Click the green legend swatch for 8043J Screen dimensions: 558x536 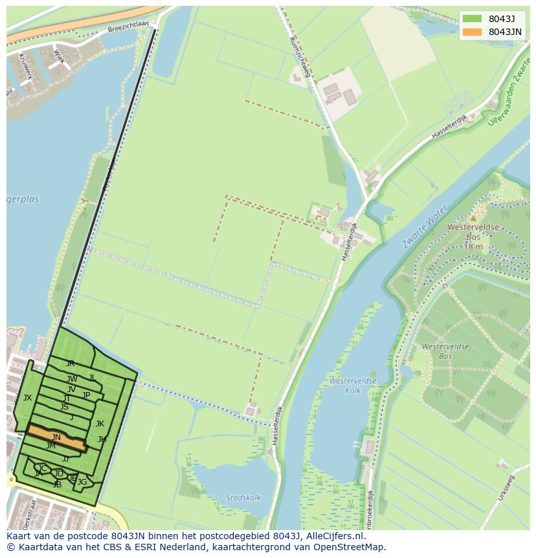coord(473,19)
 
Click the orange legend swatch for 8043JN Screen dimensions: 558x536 coord(473,32)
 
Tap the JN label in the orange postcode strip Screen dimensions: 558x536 coord(56,437)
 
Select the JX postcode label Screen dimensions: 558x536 coord(27,398)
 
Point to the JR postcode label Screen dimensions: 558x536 coord(70,364)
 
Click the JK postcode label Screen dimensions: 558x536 coord(100,424)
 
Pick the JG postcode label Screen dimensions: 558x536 coord(82,482)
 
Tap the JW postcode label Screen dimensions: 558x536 coord(72,379)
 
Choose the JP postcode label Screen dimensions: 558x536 coord(86,395)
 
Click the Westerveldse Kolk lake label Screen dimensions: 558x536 coord(353,386)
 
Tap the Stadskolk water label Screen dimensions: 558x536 coord(243,498)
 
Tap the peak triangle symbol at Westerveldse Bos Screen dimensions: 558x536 coord(473,218)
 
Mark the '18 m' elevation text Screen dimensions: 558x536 coord(473,247)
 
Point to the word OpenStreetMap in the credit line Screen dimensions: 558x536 coord(351,547)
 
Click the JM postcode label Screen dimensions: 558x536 coord(50,446)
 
